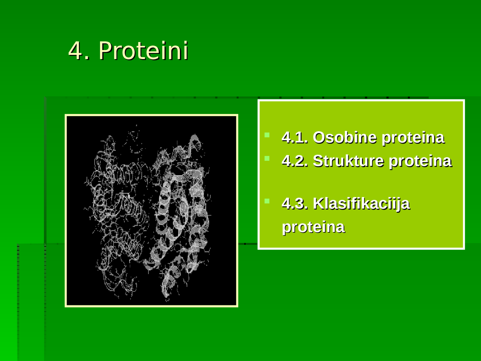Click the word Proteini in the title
[143, 51]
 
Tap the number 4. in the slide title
[79, 51]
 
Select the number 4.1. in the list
[295, 138]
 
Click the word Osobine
[345, 138]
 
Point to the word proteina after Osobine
[413, 138]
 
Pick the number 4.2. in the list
[295, 161]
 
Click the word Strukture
[348, 161]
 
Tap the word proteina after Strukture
[420, 161]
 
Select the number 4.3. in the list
[295, 204]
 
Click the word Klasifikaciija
[361, 204]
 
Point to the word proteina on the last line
[313, 227]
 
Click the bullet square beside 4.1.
[267, 135]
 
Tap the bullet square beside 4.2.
[267, 158]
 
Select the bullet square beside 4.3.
[267, 201]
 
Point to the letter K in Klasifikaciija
[318, 204]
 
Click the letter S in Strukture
[318, 161]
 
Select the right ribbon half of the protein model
[180, 214]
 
